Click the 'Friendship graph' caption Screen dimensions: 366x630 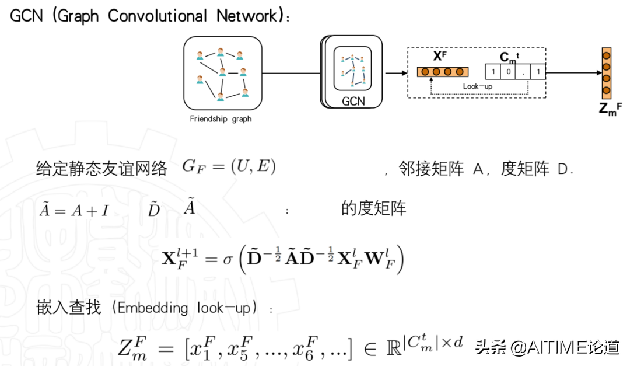pos(220,119)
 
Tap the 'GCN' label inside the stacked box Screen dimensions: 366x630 pos(353,100)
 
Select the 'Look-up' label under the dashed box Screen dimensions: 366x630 pos(478,86)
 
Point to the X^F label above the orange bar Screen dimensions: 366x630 pos(440,57)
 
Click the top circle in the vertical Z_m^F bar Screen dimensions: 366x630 pos(607,55)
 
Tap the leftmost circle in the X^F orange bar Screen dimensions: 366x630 pos(425,72)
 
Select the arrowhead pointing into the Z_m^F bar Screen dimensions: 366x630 pos(598,72)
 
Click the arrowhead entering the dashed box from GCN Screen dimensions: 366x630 pos(403,72)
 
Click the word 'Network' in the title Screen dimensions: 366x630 pos(246,16)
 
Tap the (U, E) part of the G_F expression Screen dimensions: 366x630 pos(253,168)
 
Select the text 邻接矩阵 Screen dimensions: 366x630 pos(432,169)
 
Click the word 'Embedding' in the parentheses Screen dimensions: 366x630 pos(153,308)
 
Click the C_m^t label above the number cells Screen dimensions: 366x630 pos(509,57)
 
